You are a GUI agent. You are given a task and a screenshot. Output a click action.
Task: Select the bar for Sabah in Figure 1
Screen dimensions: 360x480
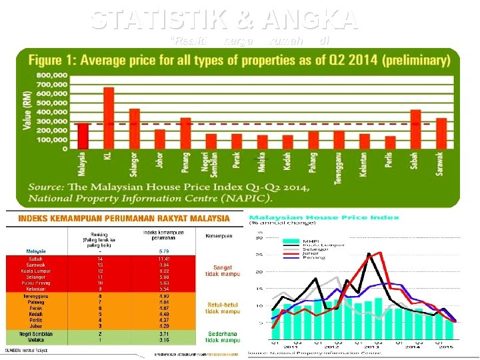pos(415,129)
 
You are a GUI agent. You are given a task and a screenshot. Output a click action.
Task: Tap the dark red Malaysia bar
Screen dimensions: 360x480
pos(83,136)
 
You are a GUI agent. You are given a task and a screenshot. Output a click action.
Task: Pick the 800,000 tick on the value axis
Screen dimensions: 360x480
pos(51,75)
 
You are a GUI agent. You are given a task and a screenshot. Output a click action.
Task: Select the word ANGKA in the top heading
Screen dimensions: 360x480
pos(311,20)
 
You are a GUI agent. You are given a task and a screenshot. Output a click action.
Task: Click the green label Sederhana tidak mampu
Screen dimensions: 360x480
pos(222,336)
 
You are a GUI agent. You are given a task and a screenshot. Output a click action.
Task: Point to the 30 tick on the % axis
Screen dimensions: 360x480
pos(260,238)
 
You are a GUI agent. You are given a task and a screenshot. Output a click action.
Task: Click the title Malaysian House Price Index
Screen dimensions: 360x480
pos(324,217)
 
